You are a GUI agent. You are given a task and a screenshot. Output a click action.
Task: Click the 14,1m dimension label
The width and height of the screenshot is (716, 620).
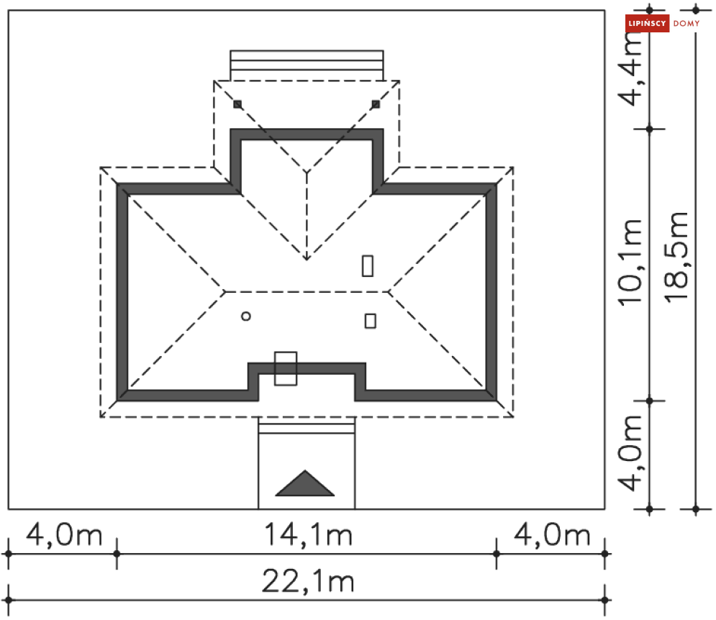pyautogui.click(x=308, y=534)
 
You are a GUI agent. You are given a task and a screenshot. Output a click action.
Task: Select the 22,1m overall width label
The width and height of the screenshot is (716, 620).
pyautogui.click(x=308, y=581)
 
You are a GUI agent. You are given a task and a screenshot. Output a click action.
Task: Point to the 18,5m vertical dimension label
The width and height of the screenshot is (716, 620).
pyautogui.click(x=676, y=256)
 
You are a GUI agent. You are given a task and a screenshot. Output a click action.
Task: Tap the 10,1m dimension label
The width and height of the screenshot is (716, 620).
pyautogui.click(x=630, y=263)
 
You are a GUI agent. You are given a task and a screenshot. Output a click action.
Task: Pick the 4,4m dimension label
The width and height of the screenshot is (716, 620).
pyautogui.click(x=630, y=68)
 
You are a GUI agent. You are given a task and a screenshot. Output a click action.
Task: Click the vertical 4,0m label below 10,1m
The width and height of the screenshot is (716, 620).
pyautogui.click(x=630, y=453)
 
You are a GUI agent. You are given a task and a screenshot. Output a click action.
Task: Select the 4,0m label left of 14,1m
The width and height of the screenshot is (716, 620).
pyautogui.click(x=64, y=534)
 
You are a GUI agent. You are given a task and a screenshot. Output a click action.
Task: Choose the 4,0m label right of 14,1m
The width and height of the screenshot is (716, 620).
pyautogui.click(x=552, y=534)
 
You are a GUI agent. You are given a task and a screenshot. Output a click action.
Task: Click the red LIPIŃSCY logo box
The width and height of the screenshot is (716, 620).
pyautogui.click(x=647, y=23)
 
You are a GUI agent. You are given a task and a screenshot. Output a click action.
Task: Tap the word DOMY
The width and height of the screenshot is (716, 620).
pyautogui.click(x=686, y=23)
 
